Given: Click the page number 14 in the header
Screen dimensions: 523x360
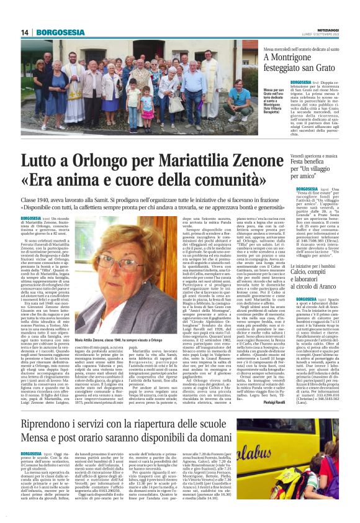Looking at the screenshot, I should tap(25, 32).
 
